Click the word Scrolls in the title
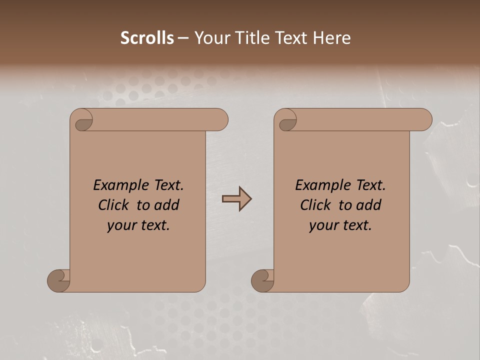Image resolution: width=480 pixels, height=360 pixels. [x=147, y=38]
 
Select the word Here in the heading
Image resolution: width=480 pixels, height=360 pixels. [x=331, y=38]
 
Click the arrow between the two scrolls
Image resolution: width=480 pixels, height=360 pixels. [x=236, y=199]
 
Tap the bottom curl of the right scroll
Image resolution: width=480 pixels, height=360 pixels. [x=262, y=280]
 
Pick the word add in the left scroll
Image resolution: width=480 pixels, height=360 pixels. [x=167, y=205]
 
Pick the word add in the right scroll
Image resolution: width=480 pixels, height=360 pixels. [x=369, y=205]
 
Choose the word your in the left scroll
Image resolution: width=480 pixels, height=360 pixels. [x=121, y=226]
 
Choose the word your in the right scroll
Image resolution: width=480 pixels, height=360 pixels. [x=323, y=226]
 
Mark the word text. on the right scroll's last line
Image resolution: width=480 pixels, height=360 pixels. [x=356, y=226]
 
